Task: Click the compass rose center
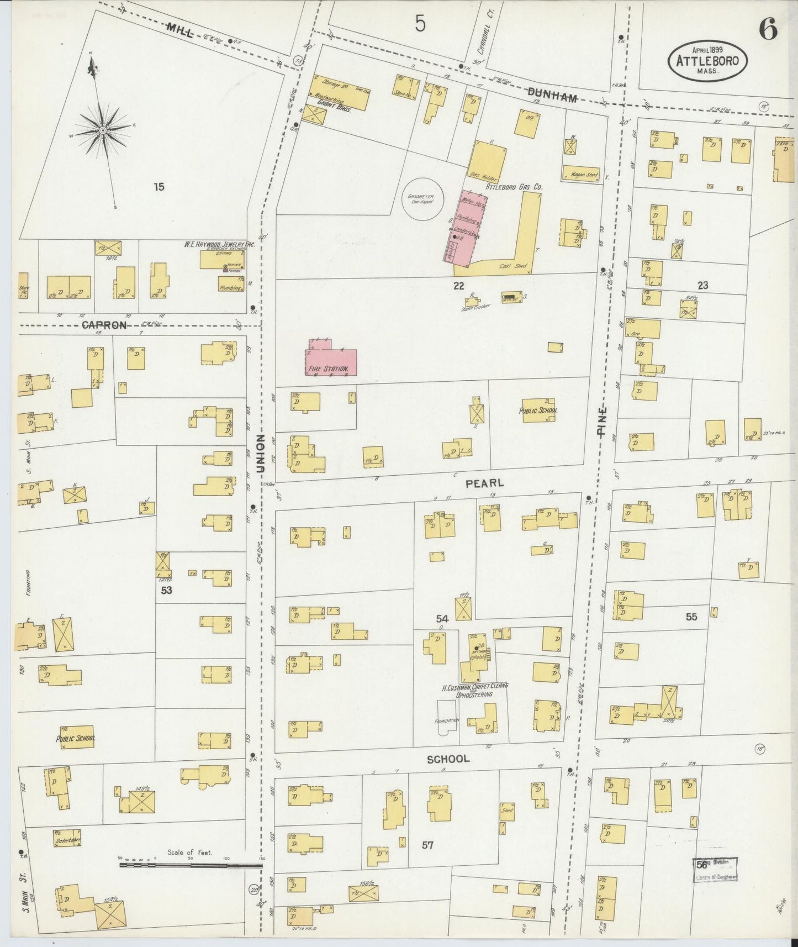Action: tap(103, 130)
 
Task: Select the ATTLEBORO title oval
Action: tap(709, 61)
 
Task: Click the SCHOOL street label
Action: tap(448, 759)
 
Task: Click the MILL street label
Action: tap(179, 31)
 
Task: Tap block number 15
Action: tap(159, 187)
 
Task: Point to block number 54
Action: tap(442, 619)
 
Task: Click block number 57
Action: tap(427, 845)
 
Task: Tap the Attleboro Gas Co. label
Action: tap(514, 187)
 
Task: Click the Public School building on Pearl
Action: tap(538, 411)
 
